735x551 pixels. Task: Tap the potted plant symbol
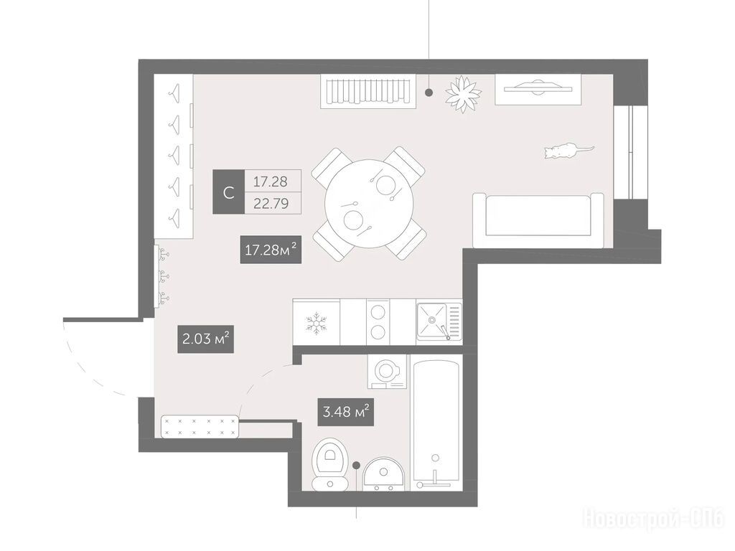(463, 94)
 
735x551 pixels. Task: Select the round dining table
(370, 204)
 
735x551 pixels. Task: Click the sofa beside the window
(538, 220)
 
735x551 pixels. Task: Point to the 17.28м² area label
(271, 250)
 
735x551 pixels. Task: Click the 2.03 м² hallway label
(205, 339)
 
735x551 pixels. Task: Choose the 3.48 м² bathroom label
(346, 413)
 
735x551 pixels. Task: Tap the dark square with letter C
(229, 192)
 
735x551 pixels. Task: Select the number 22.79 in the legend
(271, 204)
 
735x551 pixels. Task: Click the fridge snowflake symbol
(317, 324)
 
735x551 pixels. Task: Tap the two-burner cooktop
(378, 322)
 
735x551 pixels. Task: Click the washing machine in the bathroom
(387, 372)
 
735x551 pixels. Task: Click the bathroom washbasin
(384, 474)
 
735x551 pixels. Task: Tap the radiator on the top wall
(368, 92)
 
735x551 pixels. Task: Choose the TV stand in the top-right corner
(538, 89)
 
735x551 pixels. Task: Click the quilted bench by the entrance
(200, 426)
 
